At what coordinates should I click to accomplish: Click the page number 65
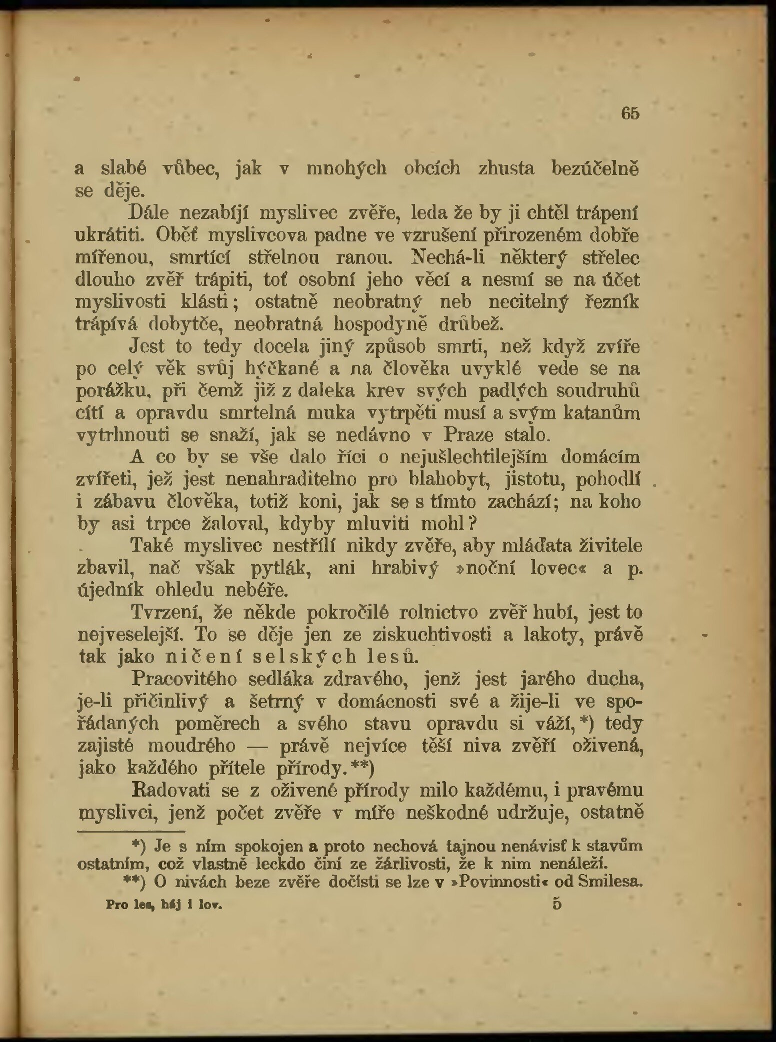630,113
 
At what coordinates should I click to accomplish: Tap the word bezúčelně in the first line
594,168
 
